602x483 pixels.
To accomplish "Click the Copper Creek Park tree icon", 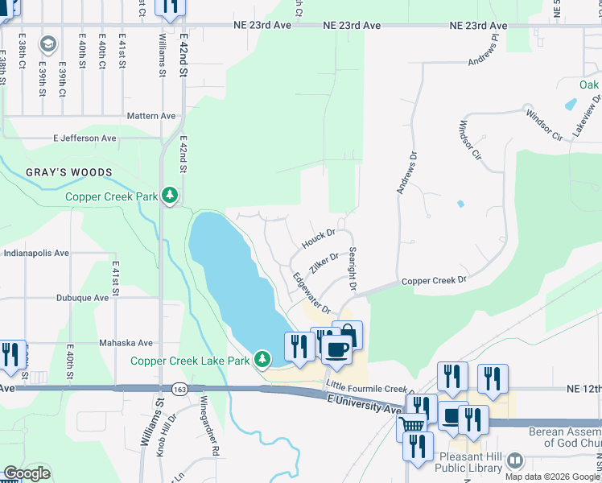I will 169,196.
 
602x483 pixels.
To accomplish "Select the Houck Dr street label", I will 318,238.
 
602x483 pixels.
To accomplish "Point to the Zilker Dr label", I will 324,263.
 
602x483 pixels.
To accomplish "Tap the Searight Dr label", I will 352,268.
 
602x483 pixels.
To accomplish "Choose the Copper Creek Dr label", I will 434,281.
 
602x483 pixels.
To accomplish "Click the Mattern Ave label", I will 151,116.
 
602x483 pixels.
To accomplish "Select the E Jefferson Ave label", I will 85,138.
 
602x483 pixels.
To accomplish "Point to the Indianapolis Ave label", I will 36,253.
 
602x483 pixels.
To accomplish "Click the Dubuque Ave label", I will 82,297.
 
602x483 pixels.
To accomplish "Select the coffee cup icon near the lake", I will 336,348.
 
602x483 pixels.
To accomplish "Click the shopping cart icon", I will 412,424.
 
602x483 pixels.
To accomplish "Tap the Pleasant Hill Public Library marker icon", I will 514,460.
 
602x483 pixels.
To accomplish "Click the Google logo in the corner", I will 27,473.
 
